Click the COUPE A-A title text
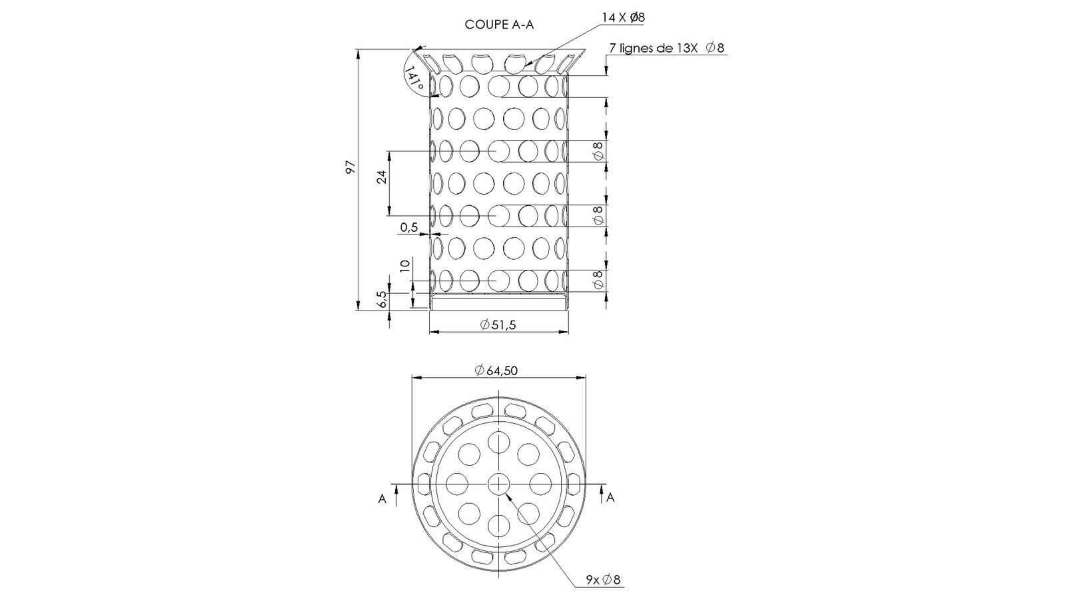[x=499, y=25]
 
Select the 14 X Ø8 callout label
[x=624, y=18]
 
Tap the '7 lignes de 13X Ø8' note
[x=667, y=48]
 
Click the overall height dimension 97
[x=350, y=167]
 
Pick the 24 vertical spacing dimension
[x=382, y=177]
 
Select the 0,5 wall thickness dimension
[x=409, y=227]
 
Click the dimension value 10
[x=405, y=266]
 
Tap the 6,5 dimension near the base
[x=382, y=299]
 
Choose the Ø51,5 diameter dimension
[x=498, y=325]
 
